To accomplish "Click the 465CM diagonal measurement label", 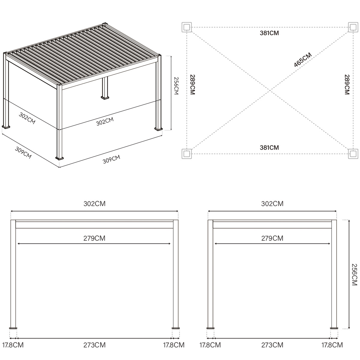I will point(303,59).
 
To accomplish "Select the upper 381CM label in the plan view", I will point(269,33).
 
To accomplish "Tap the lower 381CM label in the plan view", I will point(269,148).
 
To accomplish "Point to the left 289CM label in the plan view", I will point(193,85).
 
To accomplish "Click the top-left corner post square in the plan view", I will point(186,27).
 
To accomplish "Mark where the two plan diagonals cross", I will point(270,91).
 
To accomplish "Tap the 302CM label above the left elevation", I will point(94,204).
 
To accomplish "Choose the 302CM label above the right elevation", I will point(272,204).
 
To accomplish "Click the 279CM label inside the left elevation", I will point(94,238).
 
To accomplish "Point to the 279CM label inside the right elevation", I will point(272,238).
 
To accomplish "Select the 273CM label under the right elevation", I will point(272,345).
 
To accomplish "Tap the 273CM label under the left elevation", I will point(94,345).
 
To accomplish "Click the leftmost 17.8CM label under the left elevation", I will point(13,345).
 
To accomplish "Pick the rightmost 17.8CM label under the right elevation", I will point(332,345).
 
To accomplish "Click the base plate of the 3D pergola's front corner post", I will point(60,157).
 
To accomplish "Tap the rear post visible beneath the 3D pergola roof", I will point(105,88).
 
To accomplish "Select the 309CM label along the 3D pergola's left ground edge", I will point(23,153).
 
